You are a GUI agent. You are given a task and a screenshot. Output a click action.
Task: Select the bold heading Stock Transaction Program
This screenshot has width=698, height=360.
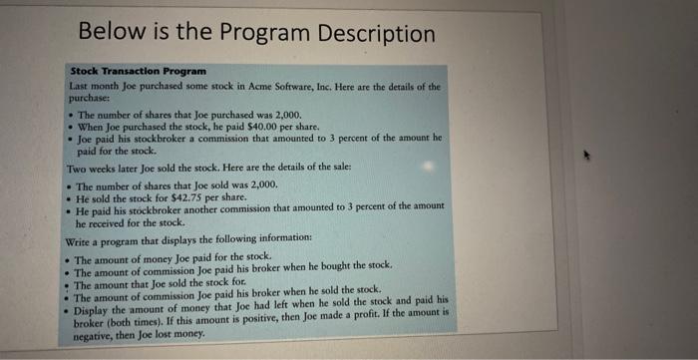pos(137,72)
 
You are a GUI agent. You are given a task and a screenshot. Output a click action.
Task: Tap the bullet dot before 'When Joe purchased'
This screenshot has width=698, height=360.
pos(69,128)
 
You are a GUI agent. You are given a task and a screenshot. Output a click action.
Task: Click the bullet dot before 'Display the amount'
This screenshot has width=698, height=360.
pos(67,310)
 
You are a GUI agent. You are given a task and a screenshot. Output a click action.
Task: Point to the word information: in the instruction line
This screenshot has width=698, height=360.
pos(283,238)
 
